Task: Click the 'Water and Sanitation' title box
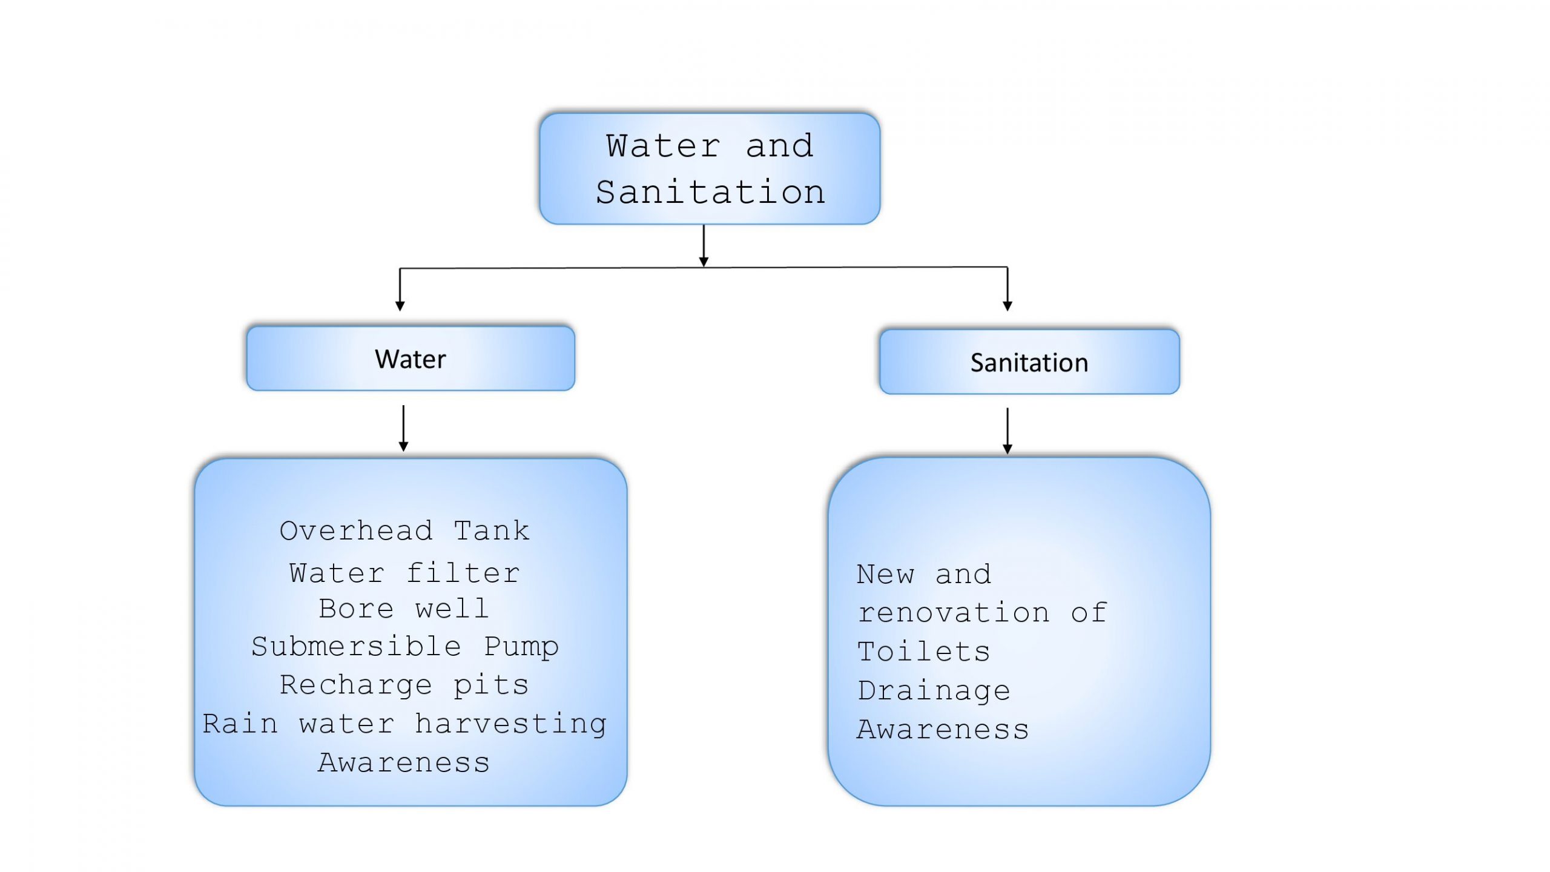pyautogui.click(x=709, y=168)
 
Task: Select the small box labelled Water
pyautogui.click(x=411, y=358)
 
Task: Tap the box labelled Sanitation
pyautogui.click(x=1029, y=362)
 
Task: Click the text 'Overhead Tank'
pyautogui.click(x=404, y=531)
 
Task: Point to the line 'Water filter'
pyautogui.click(x=404, y=573)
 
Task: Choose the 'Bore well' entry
pyautogui.click(x=404, y=609)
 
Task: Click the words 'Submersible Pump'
pyautogui.click(x=404, y=647)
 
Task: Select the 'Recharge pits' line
pyautogui.click(x=404, y=685)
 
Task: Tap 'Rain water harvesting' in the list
pyautogui.click(x=404, y=724)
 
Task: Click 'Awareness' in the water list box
pyautogui.click(x=404, y=763)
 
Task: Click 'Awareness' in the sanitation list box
pyautogui.click(x=943, y=730)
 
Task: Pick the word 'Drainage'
pyautogui.click(x=934, y=691)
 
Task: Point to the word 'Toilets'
pyautogui.click(x=923, y=652)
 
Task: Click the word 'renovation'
pyautogui.click(x=954, y=613)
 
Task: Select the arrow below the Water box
pyautogui.click(x=403, y=429)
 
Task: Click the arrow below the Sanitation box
pyautogui.click(x=1007, y=431)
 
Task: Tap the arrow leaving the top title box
pyautogui.click(x=704, y=246)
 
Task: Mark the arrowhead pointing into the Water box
pyautogui.click(x=400, y=306)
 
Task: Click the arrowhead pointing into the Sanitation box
pyautogui.click(x=1007, y=306)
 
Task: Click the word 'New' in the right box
pyautogui.click(x=885, y=575)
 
